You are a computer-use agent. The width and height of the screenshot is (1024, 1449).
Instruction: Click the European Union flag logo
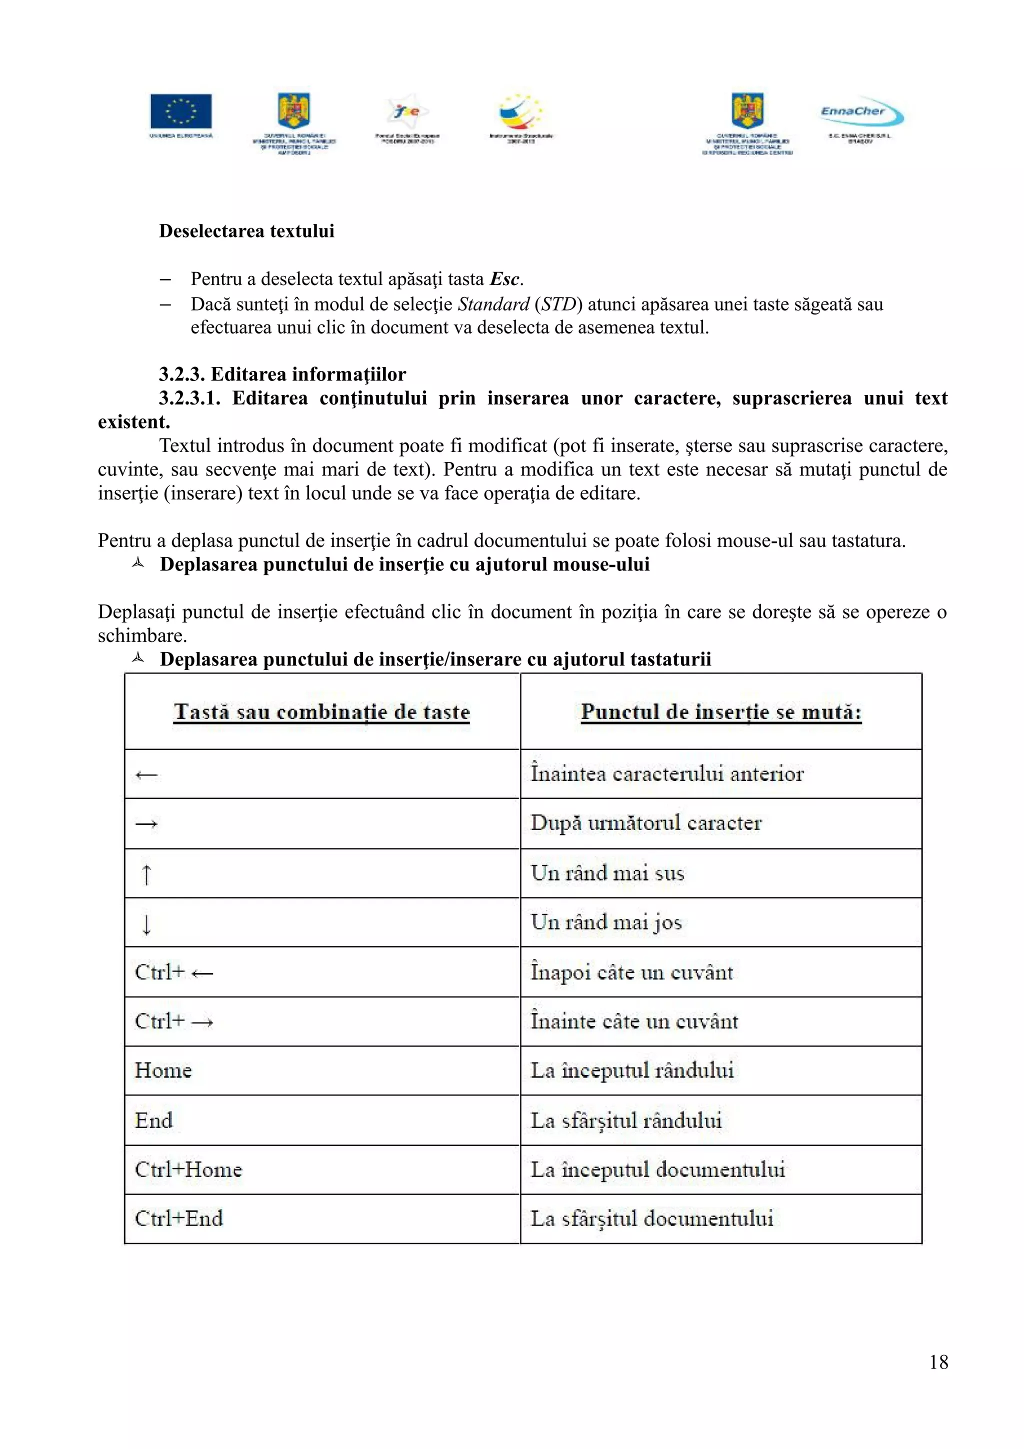tap(181, 111)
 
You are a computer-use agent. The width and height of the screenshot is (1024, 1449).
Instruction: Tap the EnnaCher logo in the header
tap(860, 113)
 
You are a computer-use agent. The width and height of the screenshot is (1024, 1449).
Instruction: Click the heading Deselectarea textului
tap(246, 231)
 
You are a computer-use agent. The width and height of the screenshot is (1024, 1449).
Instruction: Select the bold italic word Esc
tap(504, 279)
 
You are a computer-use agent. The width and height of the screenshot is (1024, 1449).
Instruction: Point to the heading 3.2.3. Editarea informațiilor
tap(282, 374)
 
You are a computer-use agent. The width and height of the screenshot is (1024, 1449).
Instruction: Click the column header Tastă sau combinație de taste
tap(322, 712)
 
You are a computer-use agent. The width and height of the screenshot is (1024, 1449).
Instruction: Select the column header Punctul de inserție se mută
tap(720, 712)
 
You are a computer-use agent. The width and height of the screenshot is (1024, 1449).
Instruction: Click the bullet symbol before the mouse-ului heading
tap(137, 563)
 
